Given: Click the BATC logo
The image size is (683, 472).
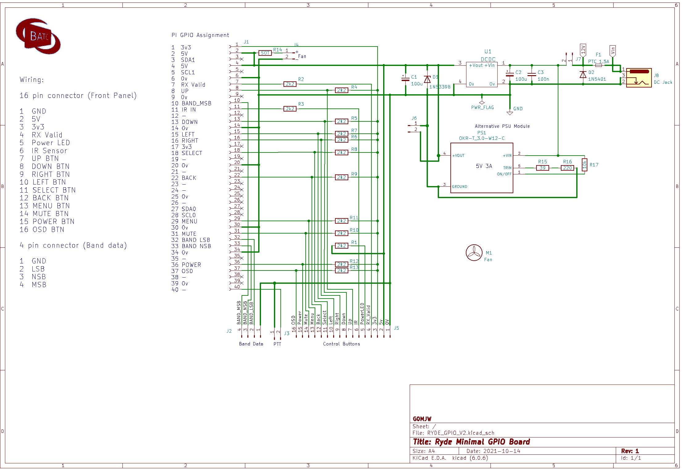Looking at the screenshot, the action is tap(38, 36).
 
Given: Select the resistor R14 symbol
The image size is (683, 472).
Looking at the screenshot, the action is tap(265, 53).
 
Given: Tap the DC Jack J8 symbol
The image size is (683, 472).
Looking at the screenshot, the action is tap(639, 78).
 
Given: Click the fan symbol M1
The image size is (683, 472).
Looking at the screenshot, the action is tap(474, 253).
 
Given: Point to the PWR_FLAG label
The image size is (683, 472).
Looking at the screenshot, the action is tap(482, 108).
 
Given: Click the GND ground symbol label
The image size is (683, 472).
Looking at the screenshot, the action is tap(518, 109).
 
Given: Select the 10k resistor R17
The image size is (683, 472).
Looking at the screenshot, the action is tap(584, 165).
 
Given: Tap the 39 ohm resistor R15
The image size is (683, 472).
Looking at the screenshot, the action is tap(542, 168).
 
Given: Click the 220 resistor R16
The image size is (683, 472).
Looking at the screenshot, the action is tap(567, 168).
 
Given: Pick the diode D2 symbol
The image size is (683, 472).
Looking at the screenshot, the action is tap(583, 75).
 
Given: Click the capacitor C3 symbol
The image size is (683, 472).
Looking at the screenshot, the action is tap(532, 74).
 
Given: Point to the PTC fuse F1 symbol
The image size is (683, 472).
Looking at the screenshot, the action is tap(598, 65).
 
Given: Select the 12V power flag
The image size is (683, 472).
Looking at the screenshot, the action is tap(583, 50).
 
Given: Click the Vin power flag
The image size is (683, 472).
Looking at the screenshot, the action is tap(613, 51).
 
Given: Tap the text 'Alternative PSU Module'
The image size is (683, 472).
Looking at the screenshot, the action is tap(502, 126).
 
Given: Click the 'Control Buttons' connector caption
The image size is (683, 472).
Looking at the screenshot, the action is tap(341, 344).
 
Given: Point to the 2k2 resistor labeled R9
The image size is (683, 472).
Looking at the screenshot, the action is tap(341, 177).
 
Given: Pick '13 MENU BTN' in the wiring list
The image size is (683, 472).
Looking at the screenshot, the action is tap(45, 206).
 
